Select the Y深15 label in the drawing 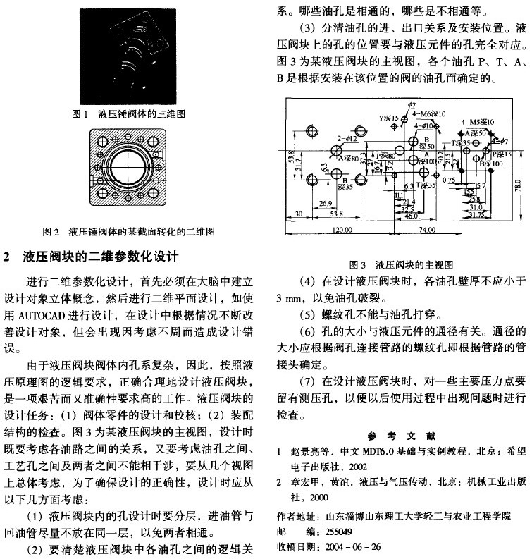pos(388,118)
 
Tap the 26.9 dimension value pos(326,203)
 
